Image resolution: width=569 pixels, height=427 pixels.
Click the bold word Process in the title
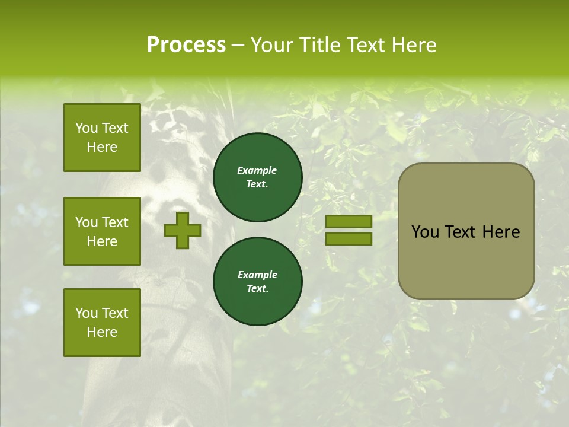[x=186, y=45]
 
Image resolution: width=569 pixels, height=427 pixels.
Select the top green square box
[x=102, y=138]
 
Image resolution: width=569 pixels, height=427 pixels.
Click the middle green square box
[x=102, y=231]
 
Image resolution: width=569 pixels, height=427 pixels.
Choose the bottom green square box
[x=102, y=322]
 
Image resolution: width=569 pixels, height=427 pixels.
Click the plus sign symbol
[x=182, y=230]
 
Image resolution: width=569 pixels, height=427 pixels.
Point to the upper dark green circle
[x=257, y=177]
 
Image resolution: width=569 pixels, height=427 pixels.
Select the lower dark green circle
[x=257, y=282]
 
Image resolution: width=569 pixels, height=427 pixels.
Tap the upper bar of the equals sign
[x=349, y=221]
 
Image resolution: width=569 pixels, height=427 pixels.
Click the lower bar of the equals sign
[x=349, y=239]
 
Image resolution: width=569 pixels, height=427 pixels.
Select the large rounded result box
[x=466, y=231]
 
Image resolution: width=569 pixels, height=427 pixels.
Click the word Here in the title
[x=414, y=45]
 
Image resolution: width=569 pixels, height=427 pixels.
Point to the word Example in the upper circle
[x=257, y=170]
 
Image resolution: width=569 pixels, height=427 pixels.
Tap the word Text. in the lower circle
[x=257, y=289]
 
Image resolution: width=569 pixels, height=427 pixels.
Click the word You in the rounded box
[x=425, y=232]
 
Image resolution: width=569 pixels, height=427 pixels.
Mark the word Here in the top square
[x=102, y=147]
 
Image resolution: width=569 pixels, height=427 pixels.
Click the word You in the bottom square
[x=87, y=313]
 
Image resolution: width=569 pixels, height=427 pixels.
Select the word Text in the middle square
[x=115, y=222]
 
